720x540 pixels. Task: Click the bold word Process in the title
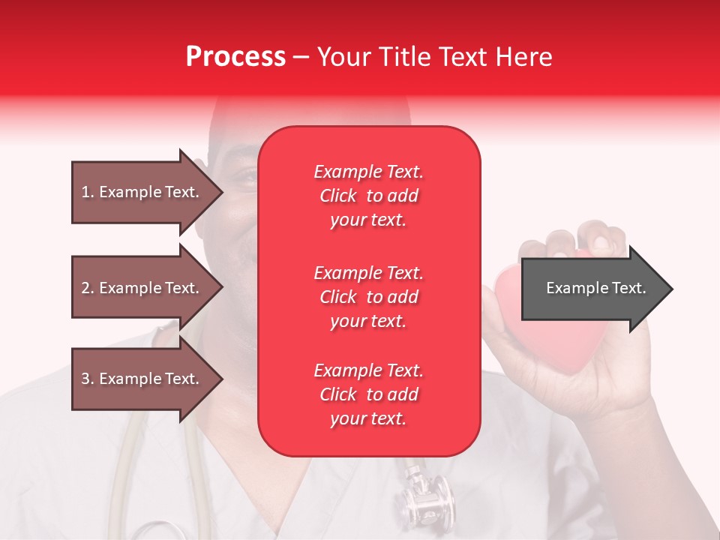235,57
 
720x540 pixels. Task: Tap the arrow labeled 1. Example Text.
146,192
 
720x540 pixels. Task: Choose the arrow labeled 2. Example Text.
146,288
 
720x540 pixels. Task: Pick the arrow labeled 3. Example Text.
146,379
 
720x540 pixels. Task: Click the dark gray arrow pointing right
596,289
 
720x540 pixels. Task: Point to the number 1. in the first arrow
88,192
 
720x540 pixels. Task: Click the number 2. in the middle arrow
88,288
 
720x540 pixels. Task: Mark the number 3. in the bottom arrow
88,379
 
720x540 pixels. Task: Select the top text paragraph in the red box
368,196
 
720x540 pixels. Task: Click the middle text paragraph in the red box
368,297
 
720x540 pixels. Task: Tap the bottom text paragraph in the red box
368,394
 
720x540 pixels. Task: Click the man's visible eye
244,178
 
